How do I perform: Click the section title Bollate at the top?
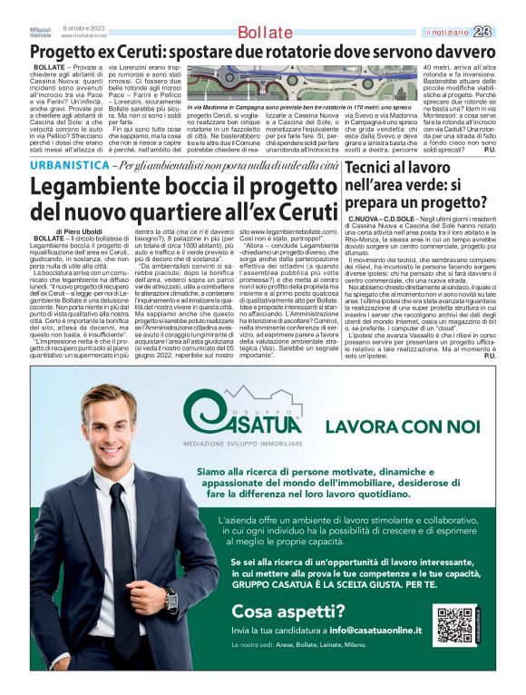coord(266,34)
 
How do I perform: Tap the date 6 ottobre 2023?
coord(83,28)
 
